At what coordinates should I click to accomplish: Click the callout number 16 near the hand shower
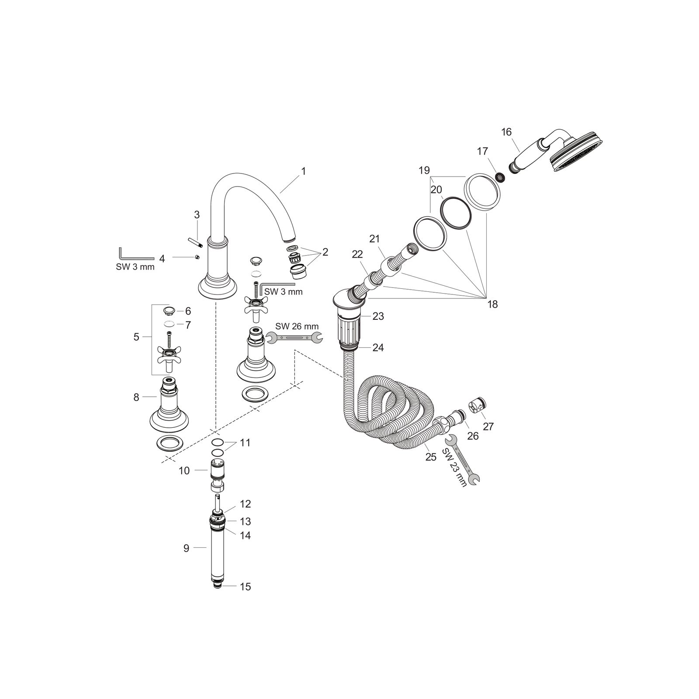click(506, 132)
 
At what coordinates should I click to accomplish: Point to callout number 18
click(492, 304)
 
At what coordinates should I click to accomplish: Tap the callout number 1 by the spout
click(303, 171)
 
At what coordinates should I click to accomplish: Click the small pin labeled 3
click(194, 242)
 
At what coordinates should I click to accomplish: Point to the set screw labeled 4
click(197, 257)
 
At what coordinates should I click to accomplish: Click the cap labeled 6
click(169, 311)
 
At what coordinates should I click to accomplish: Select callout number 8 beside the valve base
click(136, 397)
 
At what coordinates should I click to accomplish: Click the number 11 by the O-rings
click(245, 443)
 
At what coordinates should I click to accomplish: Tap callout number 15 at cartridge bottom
click(246, 586)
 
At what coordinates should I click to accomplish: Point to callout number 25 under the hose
click(431, 457)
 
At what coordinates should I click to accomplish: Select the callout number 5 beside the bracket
click(136, 337)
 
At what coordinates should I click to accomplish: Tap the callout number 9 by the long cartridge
click(187, 548)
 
